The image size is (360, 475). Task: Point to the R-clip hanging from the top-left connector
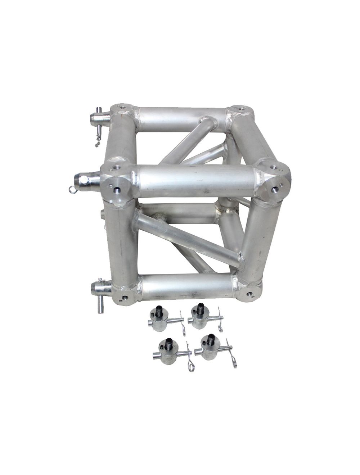tap(98, 139)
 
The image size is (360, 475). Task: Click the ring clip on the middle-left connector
tap(73, 189)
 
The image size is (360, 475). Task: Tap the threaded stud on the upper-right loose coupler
tap(200, 308)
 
